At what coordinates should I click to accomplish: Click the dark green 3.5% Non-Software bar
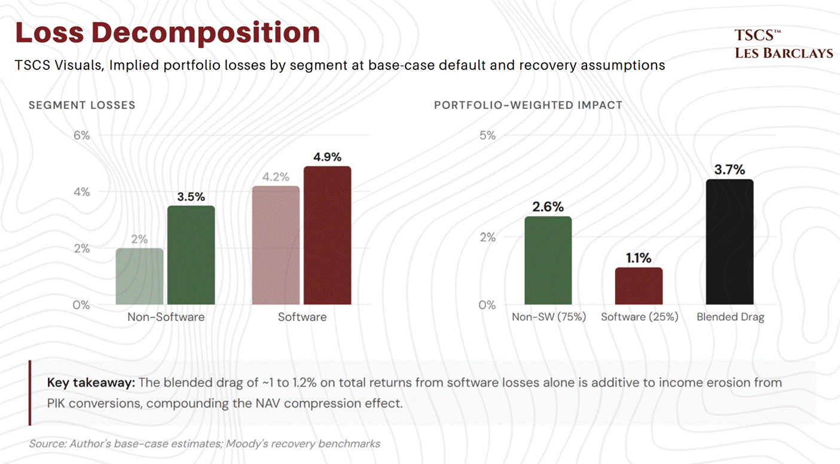(x=191, y=255)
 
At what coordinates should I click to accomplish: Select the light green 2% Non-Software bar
(x=139, y=276)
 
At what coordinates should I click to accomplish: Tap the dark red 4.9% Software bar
(x=328, y=235)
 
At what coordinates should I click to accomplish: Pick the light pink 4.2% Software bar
(x=276, y=245)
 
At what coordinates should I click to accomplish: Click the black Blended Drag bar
(x=730, y=242)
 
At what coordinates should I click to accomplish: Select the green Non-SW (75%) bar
(x=548, y=260)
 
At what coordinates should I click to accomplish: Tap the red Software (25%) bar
(x=639, y=286)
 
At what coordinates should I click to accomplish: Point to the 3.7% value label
(x=729, y=169)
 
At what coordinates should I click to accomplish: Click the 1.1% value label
(x=639, y=258)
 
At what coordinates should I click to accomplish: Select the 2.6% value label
(x=548, y=207)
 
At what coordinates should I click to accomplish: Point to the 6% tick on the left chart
(x=82, y=135)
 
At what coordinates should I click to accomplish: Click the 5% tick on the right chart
(x=487, y=135)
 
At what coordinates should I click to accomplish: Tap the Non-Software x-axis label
(x=166, y=317)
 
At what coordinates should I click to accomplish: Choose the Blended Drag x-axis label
(x=730, y=317)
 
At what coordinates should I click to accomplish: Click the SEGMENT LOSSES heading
(x=82, y=105)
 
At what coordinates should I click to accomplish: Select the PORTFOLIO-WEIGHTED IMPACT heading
(x=528, y=105)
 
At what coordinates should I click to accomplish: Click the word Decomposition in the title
(x=206, y=34)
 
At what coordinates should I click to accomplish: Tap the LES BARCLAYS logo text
(x=784, y=53)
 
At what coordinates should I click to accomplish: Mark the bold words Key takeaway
(x=91, y=383)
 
